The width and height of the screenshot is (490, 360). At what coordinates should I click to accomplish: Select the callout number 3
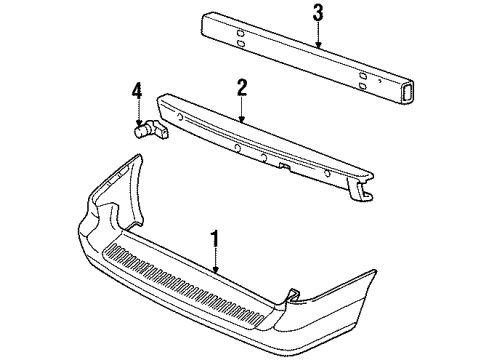tap(317, 13)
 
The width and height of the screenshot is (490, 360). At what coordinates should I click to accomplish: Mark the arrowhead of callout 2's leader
tap(241, 122)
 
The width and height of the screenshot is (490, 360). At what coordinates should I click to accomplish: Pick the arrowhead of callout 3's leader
tap(317, 47)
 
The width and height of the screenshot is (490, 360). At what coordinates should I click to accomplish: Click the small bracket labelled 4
tap(147, 128)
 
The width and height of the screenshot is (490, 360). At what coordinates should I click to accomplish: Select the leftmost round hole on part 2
tap(181, 126)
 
